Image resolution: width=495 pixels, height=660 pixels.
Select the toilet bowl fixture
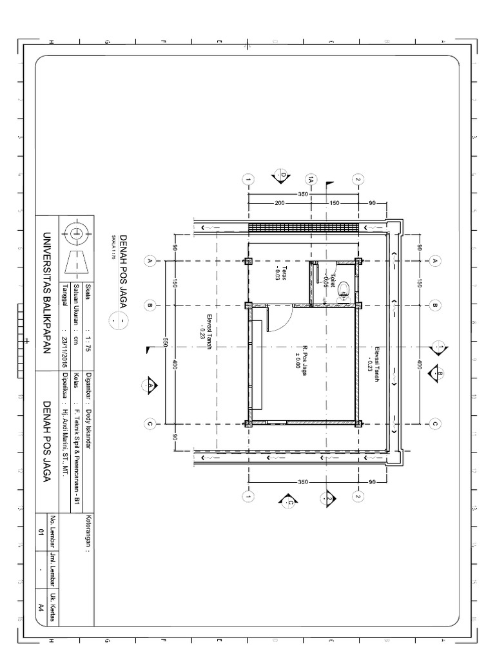tap(344, 287)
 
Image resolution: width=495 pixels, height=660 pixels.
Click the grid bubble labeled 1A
tap(311, 180)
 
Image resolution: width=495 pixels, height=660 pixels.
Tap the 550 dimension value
tap(165, 342)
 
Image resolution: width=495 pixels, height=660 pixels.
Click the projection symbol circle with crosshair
tap(77, 233)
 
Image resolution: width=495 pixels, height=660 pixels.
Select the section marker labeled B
tap(440, 373)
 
